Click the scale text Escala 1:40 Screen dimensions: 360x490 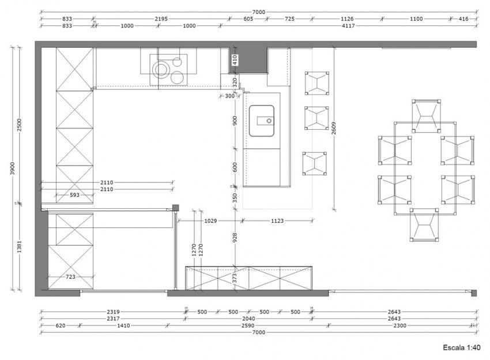point(461,347)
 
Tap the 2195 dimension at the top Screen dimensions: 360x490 point(161,19)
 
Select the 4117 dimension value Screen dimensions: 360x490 point(347,26)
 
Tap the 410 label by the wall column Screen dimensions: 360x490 point(235,58)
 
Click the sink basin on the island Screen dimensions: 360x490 point(262,120)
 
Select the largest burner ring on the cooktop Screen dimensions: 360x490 point(161,70)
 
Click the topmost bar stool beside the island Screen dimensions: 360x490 point(316,83)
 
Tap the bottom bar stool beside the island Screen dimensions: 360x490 point(315,163)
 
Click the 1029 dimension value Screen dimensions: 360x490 point(211,220)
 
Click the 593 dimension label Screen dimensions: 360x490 point(74,195)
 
